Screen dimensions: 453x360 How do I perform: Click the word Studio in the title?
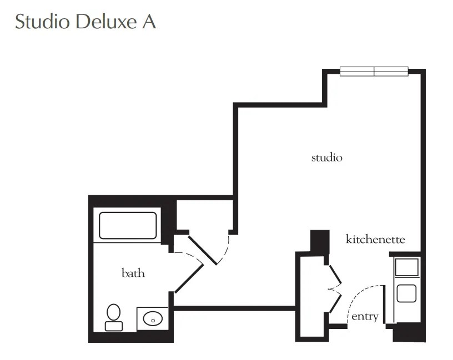click(42, 21)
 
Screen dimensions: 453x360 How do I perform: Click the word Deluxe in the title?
click(106, 21)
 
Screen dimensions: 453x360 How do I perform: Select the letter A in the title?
click(149, 22)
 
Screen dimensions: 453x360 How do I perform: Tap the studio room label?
click(327, 158)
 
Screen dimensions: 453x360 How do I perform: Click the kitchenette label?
click(375, 239)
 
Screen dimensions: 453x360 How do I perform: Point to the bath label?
click(133, 273)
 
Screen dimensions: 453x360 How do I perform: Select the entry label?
click(365, 317)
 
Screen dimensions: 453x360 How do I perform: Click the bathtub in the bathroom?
click(128, 225)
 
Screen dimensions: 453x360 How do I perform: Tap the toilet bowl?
click(114, 312)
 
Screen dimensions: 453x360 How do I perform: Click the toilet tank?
click(114, 326)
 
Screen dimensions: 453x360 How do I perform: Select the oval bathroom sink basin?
click(153, 319)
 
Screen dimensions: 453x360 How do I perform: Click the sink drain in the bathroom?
click(153, 321)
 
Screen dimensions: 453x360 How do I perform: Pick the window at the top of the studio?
click(374, 72)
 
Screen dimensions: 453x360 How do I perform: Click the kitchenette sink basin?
click(406, 293)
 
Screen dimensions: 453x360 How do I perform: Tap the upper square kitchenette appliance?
click(407, 267)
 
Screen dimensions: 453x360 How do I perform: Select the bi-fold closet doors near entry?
click(335, 288)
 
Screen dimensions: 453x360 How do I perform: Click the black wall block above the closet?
click(320, 241)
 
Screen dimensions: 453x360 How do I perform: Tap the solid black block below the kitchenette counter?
click(409, 333)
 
